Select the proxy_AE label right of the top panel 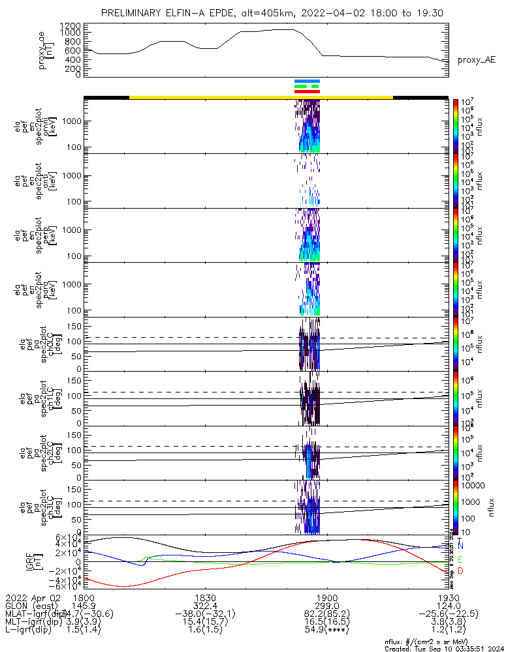coord(476,60)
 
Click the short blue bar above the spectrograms coord(307,81)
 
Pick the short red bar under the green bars coord(307,91)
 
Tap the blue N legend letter coord(461,545)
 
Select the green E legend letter coord(461,559)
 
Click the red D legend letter coord(461,571)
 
